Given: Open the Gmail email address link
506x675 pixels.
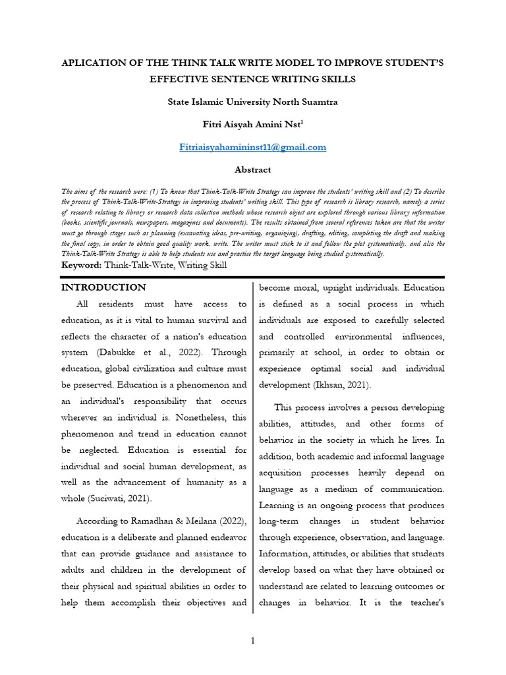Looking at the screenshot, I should tap(253, 147).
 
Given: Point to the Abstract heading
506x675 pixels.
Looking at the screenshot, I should tap(253, 169).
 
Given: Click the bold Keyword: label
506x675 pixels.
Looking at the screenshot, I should tap(82, 265).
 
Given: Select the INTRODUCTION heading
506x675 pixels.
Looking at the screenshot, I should tap(103, 287).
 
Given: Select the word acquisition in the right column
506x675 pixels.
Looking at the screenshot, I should tap(286, 473).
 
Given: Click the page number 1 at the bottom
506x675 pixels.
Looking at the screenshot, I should tap(253, 641).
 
